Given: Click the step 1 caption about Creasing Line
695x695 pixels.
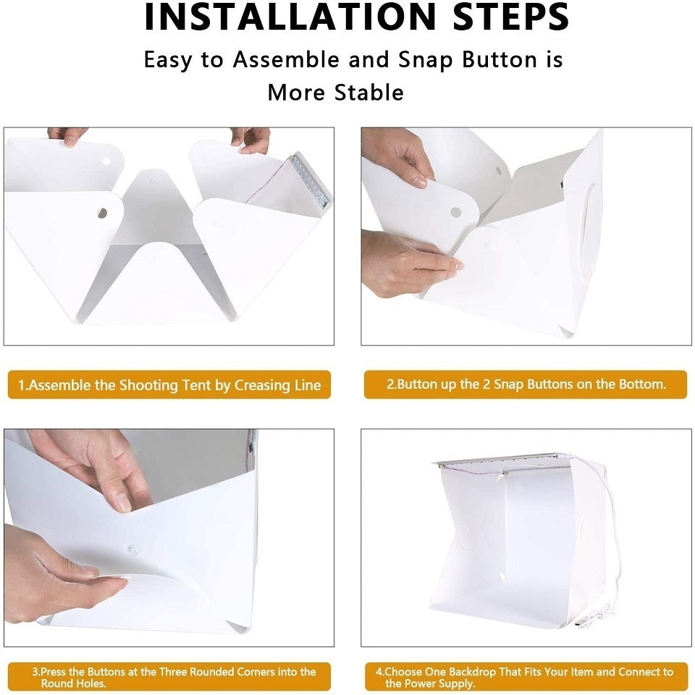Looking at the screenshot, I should [169, 384].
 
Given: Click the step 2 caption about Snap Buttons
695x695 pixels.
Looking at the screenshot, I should [526, 384].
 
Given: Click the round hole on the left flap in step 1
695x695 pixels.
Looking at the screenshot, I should [102, 213].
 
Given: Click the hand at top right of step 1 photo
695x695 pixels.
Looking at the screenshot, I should [251, 139].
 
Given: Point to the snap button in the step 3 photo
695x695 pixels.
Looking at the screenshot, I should [131, 549].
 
